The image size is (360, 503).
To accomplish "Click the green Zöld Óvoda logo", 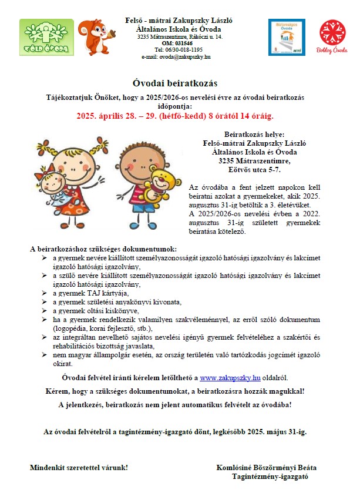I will point(46,37).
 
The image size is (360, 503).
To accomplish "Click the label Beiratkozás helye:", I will point(254,135).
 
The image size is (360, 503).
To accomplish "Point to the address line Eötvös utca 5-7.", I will point(254,170).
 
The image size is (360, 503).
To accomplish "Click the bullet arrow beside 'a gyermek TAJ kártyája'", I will point(45,293).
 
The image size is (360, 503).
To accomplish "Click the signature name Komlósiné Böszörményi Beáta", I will point(267,468).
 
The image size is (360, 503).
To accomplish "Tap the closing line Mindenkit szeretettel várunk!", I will point(79,468).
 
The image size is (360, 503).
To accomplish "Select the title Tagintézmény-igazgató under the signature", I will point(270,477).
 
